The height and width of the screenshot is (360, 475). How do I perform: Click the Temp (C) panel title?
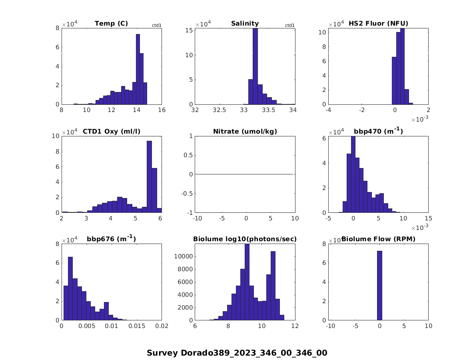coord(111,24)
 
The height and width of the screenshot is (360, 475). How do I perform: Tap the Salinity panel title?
coord(245,24)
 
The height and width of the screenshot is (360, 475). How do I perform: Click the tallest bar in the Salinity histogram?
coord(255,66)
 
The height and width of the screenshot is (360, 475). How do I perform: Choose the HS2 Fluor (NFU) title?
coord(378,24)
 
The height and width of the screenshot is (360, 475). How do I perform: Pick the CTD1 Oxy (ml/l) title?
coord(111,132)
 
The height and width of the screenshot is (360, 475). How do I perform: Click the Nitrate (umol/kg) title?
coord(245,132)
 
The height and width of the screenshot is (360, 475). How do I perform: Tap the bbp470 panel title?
coord(378,131)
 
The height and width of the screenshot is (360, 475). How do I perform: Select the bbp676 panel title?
coord(111,239)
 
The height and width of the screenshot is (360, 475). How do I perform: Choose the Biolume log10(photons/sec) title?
coord(245,239)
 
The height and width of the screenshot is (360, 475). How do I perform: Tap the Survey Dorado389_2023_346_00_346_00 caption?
coord(237,353)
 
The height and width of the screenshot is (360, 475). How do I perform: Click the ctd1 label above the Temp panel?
coord(156,26)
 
